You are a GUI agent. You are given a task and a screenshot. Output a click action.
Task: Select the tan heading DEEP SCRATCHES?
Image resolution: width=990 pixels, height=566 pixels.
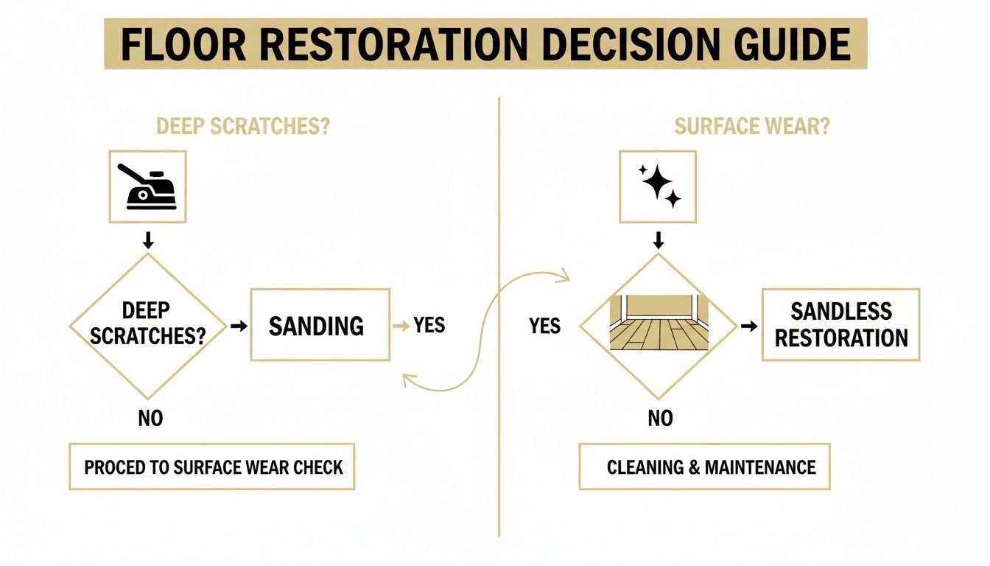(x=243, y=127)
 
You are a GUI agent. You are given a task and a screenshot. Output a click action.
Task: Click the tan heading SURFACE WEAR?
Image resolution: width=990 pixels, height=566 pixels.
(x=751, y=127)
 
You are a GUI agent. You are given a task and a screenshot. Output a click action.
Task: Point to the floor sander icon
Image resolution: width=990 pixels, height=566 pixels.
(x=147, y=186)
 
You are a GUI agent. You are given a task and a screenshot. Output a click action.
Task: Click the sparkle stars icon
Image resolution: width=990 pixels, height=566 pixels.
(x=659, y=186)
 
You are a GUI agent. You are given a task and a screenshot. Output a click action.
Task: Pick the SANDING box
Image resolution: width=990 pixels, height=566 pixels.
(x=320, y=325)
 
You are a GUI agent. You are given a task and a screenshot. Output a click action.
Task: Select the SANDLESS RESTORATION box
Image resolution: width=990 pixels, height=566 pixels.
(x=840, y=325)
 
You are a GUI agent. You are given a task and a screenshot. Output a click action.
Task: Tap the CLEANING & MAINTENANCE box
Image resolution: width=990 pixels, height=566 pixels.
(x=704, y=467)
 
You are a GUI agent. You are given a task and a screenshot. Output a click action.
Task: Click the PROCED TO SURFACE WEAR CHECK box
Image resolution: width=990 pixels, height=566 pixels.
(x=212, y=467)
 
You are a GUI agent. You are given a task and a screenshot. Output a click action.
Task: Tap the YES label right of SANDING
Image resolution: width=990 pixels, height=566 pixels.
(x=429, y=325)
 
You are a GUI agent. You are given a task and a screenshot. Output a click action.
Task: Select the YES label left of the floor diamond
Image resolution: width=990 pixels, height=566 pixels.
(x=545, y=326)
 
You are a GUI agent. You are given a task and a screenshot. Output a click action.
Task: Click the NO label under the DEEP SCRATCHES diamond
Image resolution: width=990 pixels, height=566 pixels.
(x=150, y=419)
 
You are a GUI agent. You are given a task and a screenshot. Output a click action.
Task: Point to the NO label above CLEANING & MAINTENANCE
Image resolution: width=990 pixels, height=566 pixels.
(x=660, y=419)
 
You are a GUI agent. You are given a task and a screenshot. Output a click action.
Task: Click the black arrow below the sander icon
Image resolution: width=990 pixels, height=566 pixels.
(x=148, y=240)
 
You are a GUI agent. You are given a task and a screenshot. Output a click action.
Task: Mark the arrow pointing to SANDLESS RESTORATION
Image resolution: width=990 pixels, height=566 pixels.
(x=748, y=325)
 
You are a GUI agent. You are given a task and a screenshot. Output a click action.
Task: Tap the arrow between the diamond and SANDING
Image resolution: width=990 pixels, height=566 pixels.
(x=239, y=325)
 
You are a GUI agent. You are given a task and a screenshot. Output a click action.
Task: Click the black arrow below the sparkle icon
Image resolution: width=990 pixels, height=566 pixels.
(x=659, y=240)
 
